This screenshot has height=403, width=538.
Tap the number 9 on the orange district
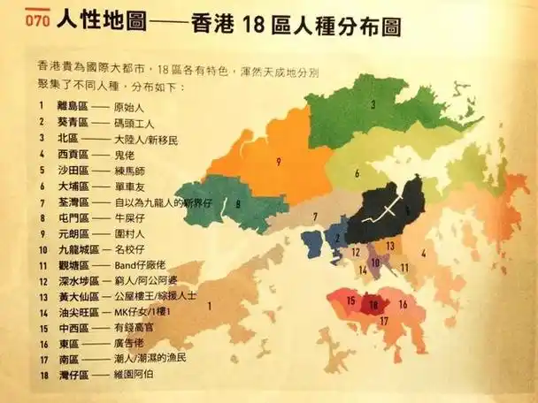click(278, 162)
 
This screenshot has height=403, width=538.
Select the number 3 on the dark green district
click(373, 105)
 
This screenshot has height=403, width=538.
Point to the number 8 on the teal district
click(238, 203)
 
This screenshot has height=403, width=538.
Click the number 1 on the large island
click(209, 305)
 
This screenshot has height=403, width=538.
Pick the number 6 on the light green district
click(357, 173)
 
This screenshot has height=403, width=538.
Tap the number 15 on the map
click(351, 301)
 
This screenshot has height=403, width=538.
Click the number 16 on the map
click(403, 304)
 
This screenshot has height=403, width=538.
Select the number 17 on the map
click(384, 323)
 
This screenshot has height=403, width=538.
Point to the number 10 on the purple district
click(376, 262)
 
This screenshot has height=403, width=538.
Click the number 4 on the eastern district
click(425, 254)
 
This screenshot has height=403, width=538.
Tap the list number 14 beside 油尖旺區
click(41, 314)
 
